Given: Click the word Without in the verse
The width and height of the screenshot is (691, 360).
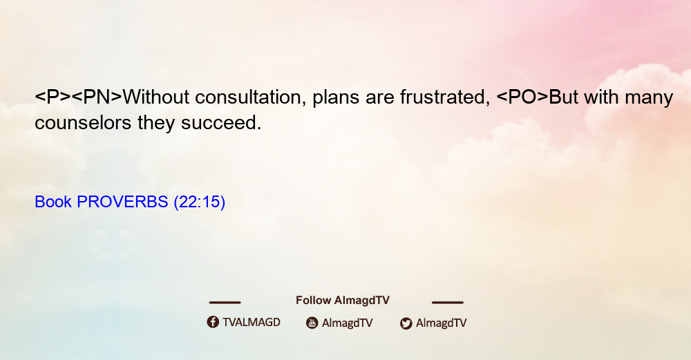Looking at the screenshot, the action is tap(156, 97).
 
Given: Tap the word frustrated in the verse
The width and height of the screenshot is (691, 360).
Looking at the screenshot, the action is tap(445, 97).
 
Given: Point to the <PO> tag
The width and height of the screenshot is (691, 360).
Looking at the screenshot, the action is tap(522, 97).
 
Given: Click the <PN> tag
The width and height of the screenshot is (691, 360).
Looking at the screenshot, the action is tap(97, 97).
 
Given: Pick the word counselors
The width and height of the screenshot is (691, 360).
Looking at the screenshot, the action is tap(83, 122).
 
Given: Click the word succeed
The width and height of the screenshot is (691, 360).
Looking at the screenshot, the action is tap(221, 122).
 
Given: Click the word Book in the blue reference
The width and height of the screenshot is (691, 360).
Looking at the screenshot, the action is tap(53, 202).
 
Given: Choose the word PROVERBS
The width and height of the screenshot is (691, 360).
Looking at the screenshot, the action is tap(122, 202).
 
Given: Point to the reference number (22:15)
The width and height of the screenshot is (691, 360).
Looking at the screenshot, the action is tap(200, 202).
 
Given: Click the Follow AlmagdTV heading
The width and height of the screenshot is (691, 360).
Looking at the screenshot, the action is tap(343, 300).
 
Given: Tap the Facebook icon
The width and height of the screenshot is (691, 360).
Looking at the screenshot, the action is tap(213, 322).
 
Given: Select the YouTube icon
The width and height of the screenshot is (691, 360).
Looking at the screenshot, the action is tap(312, 323).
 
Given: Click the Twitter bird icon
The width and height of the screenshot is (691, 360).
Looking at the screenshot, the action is tap(406, 323).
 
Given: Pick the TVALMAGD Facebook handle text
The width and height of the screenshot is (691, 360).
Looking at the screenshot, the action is tap(252, 322).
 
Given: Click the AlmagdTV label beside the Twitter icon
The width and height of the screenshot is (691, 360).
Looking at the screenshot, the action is tap(441, 323).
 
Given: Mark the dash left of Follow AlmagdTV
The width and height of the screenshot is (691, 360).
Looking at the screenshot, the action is tap(225, 302).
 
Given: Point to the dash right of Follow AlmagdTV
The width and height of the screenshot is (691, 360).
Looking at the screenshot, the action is tap(448, 302).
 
